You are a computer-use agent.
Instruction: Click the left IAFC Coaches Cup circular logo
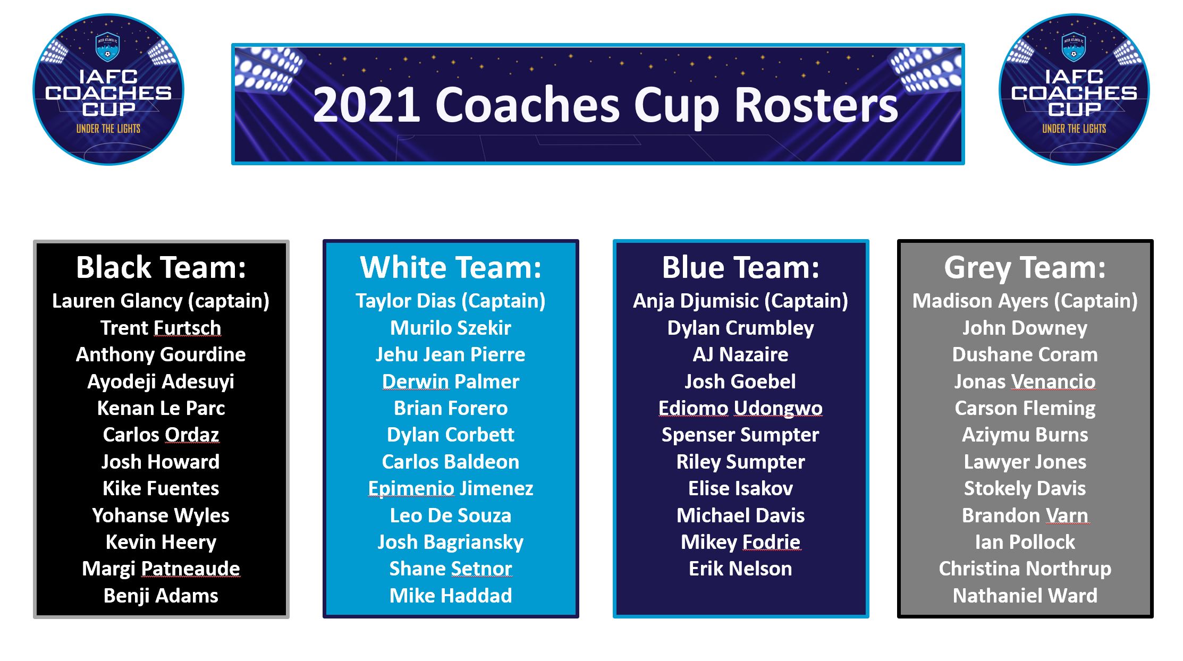click(x=108, y=89)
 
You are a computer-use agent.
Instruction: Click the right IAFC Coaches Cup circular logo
click(x=1074, y=89)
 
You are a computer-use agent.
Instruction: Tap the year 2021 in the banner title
click(x=367, y=105)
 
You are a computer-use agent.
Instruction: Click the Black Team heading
click(x=161, y=267)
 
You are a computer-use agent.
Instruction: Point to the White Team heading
click(x=451, y=267)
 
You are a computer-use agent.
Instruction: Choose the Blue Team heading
click(x=741, y=267)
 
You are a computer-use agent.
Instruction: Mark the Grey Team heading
click(x=1025, y=268)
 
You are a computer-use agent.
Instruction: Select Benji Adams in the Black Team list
click(x=161, y=596)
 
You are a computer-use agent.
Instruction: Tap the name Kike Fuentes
click(x=161, y=488)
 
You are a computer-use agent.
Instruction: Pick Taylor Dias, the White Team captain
click(x=405, y=301)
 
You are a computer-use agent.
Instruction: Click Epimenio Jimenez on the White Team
click(x=451, y=489)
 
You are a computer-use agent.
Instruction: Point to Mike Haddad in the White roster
click(x=451, y=596)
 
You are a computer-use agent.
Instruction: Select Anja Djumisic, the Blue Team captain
click(x=695, y=301)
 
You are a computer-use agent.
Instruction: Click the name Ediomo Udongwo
click(x=741, y=409)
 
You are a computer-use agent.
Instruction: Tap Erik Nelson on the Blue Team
click(x=741, y=569)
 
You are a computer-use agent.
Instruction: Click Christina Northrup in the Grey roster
click(x=1025, y=569)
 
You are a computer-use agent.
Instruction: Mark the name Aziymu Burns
click(x=1025, y=435)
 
